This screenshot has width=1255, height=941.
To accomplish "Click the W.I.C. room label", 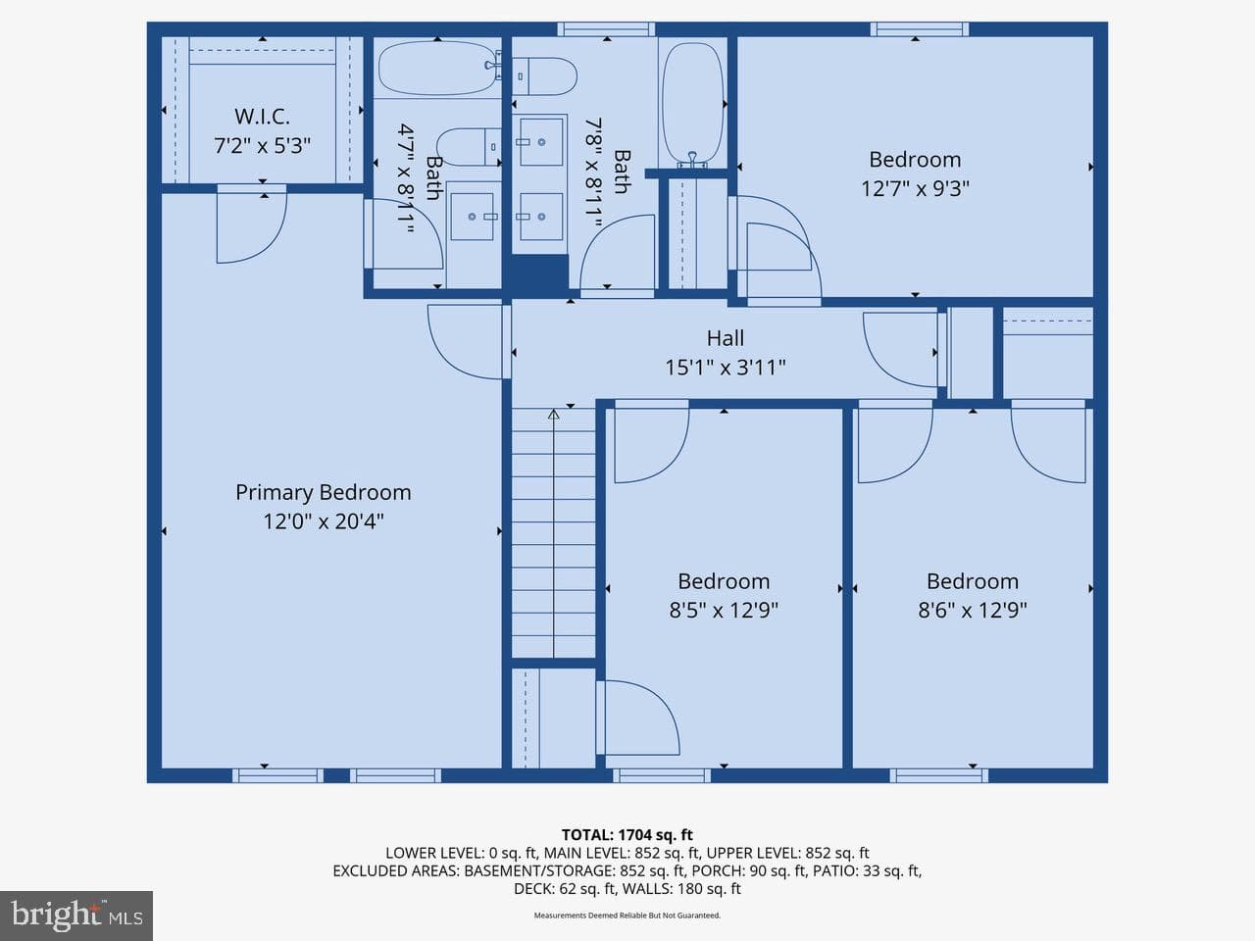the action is coord(262,117).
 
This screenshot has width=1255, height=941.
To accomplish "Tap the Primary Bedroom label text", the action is coord(323,492).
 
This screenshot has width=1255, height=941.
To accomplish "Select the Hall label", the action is coord(725,338).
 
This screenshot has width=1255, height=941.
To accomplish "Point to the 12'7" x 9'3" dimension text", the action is coord(915,188).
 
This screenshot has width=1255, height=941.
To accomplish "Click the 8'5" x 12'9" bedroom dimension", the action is coord(724,611).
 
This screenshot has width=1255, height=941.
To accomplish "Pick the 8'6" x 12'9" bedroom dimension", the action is coord(973,611).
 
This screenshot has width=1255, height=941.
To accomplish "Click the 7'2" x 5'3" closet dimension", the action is coord(262,146).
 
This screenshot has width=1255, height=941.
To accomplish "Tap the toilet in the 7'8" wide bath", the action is coord(544,76).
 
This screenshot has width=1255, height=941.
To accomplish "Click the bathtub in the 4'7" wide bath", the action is coord(438,68).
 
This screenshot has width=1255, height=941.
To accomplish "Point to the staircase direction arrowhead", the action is coord(553,414).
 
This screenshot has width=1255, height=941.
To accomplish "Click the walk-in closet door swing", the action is coord(251,224).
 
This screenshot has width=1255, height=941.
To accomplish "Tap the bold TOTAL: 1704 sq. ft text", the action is coord(627,835).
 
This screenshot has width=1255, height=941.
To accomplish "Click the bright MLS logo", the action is coord(76,916).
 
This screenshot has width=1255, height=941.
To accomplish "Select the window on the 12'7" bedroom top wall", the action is coord(920,29).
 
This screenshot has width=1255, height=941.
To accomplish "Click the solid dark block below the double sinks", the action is coord(539,276).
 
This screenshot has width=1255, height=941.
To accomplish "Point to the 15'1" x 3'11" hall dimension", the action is coord(725,368).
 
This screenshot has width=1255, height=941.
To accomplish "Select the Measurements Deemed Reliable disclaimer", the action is coord(627,916).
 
